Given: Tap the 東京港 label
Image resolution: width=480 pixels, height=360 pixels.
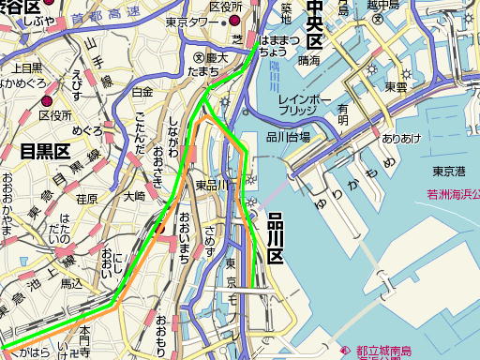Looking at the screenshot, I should (450, 172).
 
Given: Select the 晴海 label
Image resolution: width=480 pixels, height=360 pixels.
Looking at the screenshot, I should (308, 59).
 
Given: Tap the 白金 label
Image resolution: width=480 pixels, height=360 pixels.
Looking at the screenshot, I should (142, 92).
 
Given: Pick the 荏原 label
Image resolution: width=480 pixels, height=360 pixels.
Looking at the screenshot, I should (86, 199).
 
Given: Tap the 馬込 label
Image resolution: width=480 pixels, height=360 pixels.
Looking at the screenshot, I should (71, 282).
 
